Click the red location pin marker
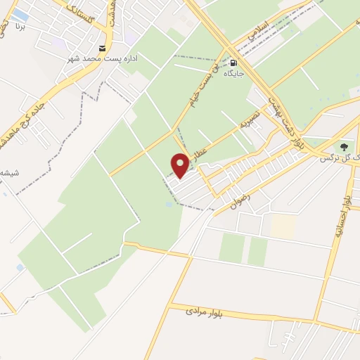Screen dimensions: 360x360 tap(181, 165)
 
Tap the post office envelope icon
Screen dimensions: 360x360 tap(103, 49)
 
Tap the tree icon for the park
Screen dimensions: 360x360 tap(344, 147)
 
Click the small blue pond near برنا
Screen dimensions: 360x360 tap(21, 15)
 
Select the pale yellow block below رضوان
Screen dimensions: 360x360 tap(283, 225)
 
